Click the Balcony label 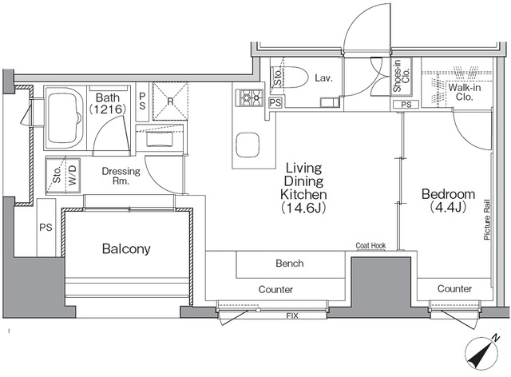point(126,249)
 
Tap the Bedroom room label point(448,194)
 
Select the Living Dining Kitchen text point(303,181)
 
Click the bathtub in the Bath point(64,117)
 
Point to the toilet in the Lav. point(293,77)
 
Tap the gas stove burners point(252,97)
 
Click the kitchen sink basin point(248,145)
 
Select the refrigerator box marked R point(170,101)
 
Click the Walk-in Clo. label point(465,92)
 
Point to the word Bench point(289,264)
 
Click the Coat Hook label point(370,245)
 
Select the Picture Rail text point(487,220)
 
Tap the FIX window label point(292,315)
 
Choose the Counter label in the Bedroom point(454,288)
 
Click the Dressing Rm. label point(121,176)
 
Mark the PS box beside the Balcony point(46,228)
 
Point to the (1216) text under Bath point(108,109)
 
